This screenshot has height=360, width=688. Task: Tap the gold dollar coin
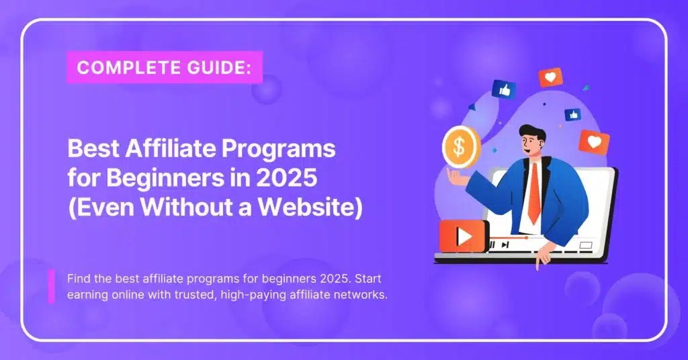(x=460, y=146)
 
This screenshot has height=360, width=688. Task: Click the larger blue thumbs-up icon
(x=504, y=89)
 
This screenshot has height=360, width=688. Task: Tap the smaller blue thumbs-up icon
(x=572, y=115)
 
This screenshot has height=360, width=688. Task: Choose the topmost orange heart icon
(x=550, y=78)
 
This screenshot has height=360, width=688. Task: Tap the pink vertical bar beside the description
(x=52, y=287)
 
